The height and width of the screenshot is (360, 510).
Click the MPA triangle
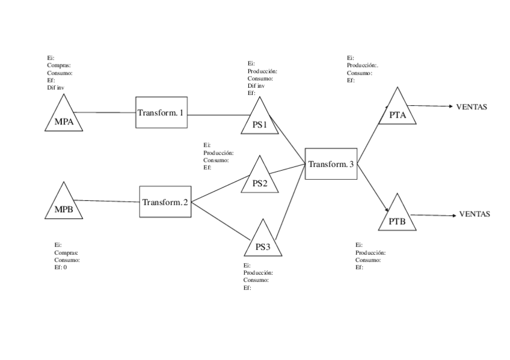pos(64,119)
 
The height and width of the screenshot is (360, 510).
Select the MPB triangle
pos(63,206)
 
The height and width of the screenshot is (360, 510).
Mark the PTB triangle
pos(397,218)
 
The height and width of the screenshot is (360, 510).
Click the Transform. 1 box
pos(161,112)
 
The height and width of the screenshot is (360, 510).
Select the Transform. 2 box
pos(165,202)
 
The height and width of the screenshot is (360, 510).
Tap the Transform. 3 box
pos(331,163)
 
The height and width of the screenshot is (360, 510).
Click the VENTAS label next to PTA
pos(472,107)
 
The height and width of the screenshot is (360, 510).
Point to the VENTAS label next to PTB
pos(475,214)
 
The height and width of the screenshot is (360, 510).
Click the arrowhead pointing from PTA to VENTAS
pos(449,106)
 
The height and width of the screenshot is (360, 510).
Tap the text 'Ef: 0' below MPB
pos(60,267)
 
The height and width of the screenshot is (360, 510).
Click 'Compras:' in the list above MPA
pos(59,65)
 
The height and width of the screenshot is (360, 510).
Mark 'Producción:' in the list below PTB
pos(370,252)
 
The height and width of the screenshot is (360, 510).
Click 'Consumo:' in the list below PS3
pos(256,280)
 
